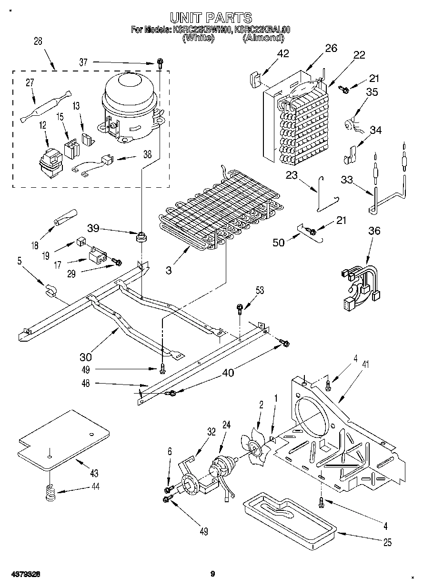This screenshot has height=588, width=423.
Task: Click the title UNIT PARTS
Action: (211, 18)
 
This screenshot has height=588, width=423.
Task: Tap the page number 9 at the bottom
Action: (213, 574)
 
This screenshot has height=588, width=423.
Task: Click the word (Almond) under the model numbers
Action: (263, 38)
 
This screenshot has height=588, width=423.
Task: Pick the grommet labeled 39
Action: (141, 236)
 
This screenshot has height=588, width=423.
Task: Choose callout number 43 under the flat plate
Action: (93, 473)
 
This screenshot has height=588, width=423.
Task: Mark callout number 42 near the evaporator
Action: (283, 53)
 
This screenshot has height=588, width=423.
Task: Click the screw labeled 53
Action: (240, 308)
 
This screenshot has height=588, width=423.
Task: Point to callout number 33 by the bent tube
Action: (347, 180)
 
